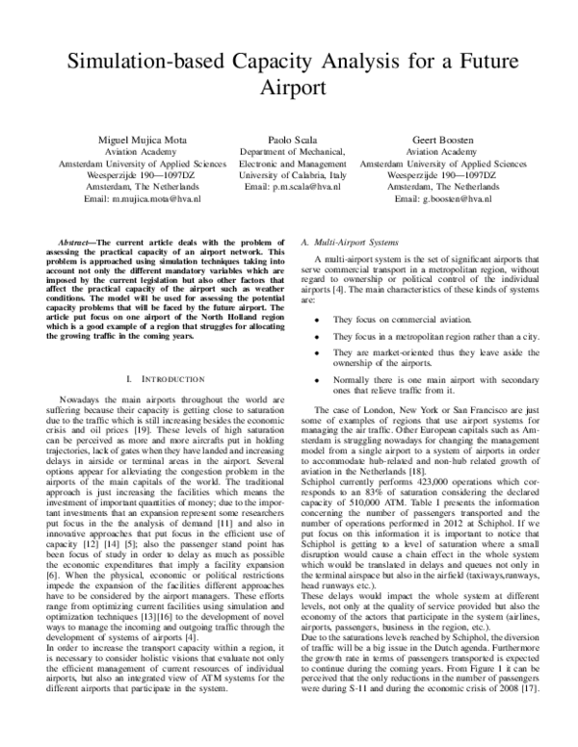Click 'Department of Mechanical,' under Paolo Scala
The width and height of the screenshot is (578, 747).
pos(288,151)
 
